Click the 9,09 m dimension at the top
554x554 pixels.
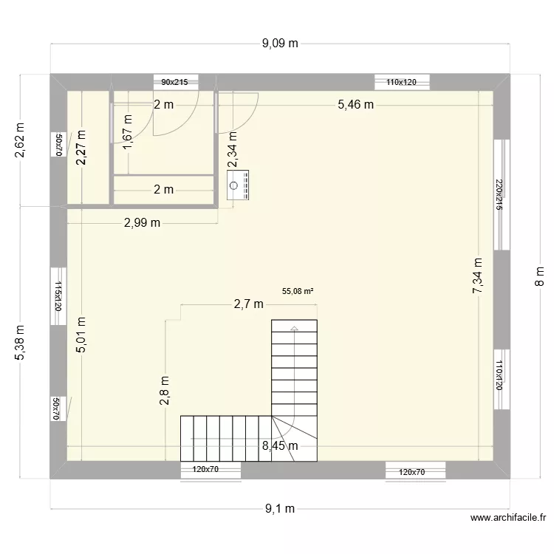(280, 44)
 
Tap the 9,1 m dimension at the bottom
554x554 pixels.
(280, 508)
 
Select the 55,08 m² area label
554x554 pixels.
(298, 291)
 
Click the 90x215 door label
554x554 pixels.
(174, 82)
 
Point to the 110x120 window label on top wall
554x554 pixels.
(401, 82)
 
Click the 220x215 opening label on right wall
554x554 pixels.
(499, 195)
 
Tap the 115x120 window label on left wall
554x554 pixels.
(58, 296)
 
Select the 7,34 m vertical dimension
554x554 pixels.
(478, 276)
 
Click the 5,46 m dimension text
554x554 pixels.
(356, 105)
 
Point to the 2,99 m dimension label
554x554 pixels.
(142, 222)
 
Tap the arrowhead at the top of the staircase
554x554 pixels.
(294, 328)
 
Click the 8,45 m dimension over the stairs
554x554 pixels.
(280, 446)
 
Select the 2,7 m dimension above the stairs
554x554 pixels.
(248, 304)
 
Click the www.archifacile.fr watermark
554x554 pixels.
(508, 518)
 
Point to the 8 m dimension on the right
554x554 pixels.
(539, 276)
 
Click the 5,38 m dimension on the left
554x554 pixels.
(20, 343)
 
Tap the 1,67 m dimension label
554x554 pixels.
(128, 131)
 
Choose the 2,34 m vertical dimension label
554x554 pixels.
(233, 149)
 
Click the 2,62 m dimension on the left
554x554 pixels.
(20, 140)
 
